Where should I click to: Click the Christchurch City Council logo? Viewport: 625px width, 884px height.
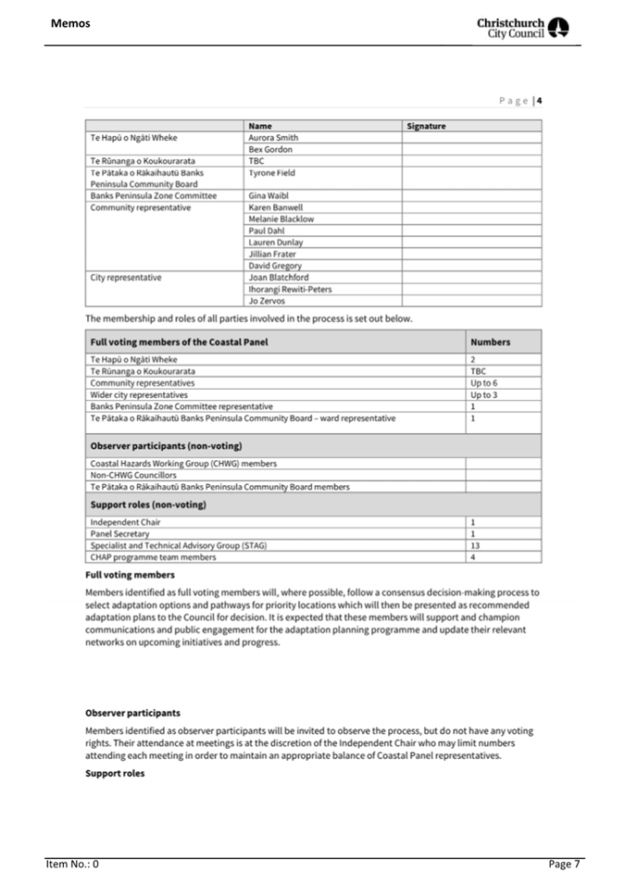coord(523,28)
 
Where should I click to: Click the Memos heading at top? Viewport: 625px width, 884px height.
coord(70,22)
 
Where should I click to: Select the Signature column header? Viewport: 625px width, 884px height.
coord(427,125)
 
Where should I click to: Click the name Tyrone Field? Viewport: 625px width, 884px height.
coord(271,172)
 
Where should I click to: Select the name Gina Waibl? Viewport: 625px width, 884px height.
coord(269,196)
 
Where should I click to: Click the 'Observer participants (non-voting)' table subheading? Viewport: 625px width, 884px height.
coord(166,446)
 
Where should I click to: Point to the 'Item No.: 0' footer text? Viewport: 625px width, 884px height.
coord(73,864)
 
